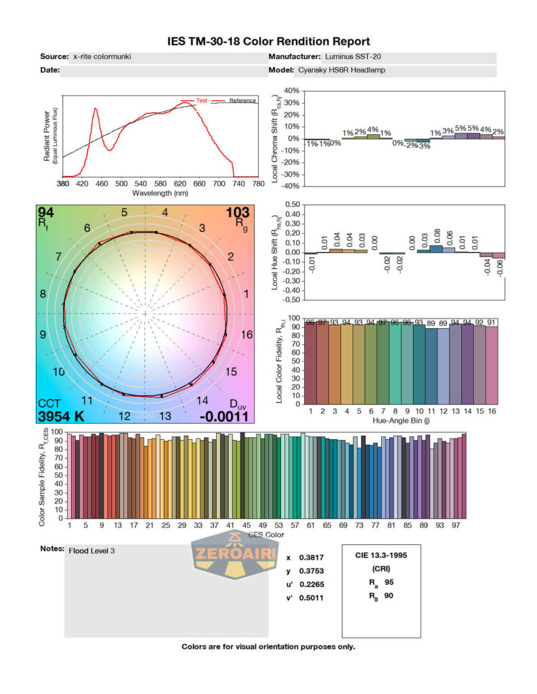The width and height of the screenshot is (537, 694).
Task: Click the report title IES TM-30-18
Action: [x=268, y=41]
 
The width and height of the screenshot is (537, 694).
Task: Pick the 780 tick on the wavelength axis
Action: [x=258, y=184]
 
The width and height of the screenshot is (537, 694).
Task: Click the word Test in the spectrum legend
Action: [x=201, y=100]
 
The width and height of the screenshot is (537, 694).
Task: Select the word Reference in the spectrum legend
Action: [x=242, y=100]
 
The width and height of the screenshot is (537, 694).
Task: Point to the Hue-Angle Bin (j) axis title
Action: [x=404, y=420]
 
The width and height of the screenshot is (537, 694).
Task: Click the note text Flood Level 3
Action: [x=92, y=550]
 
